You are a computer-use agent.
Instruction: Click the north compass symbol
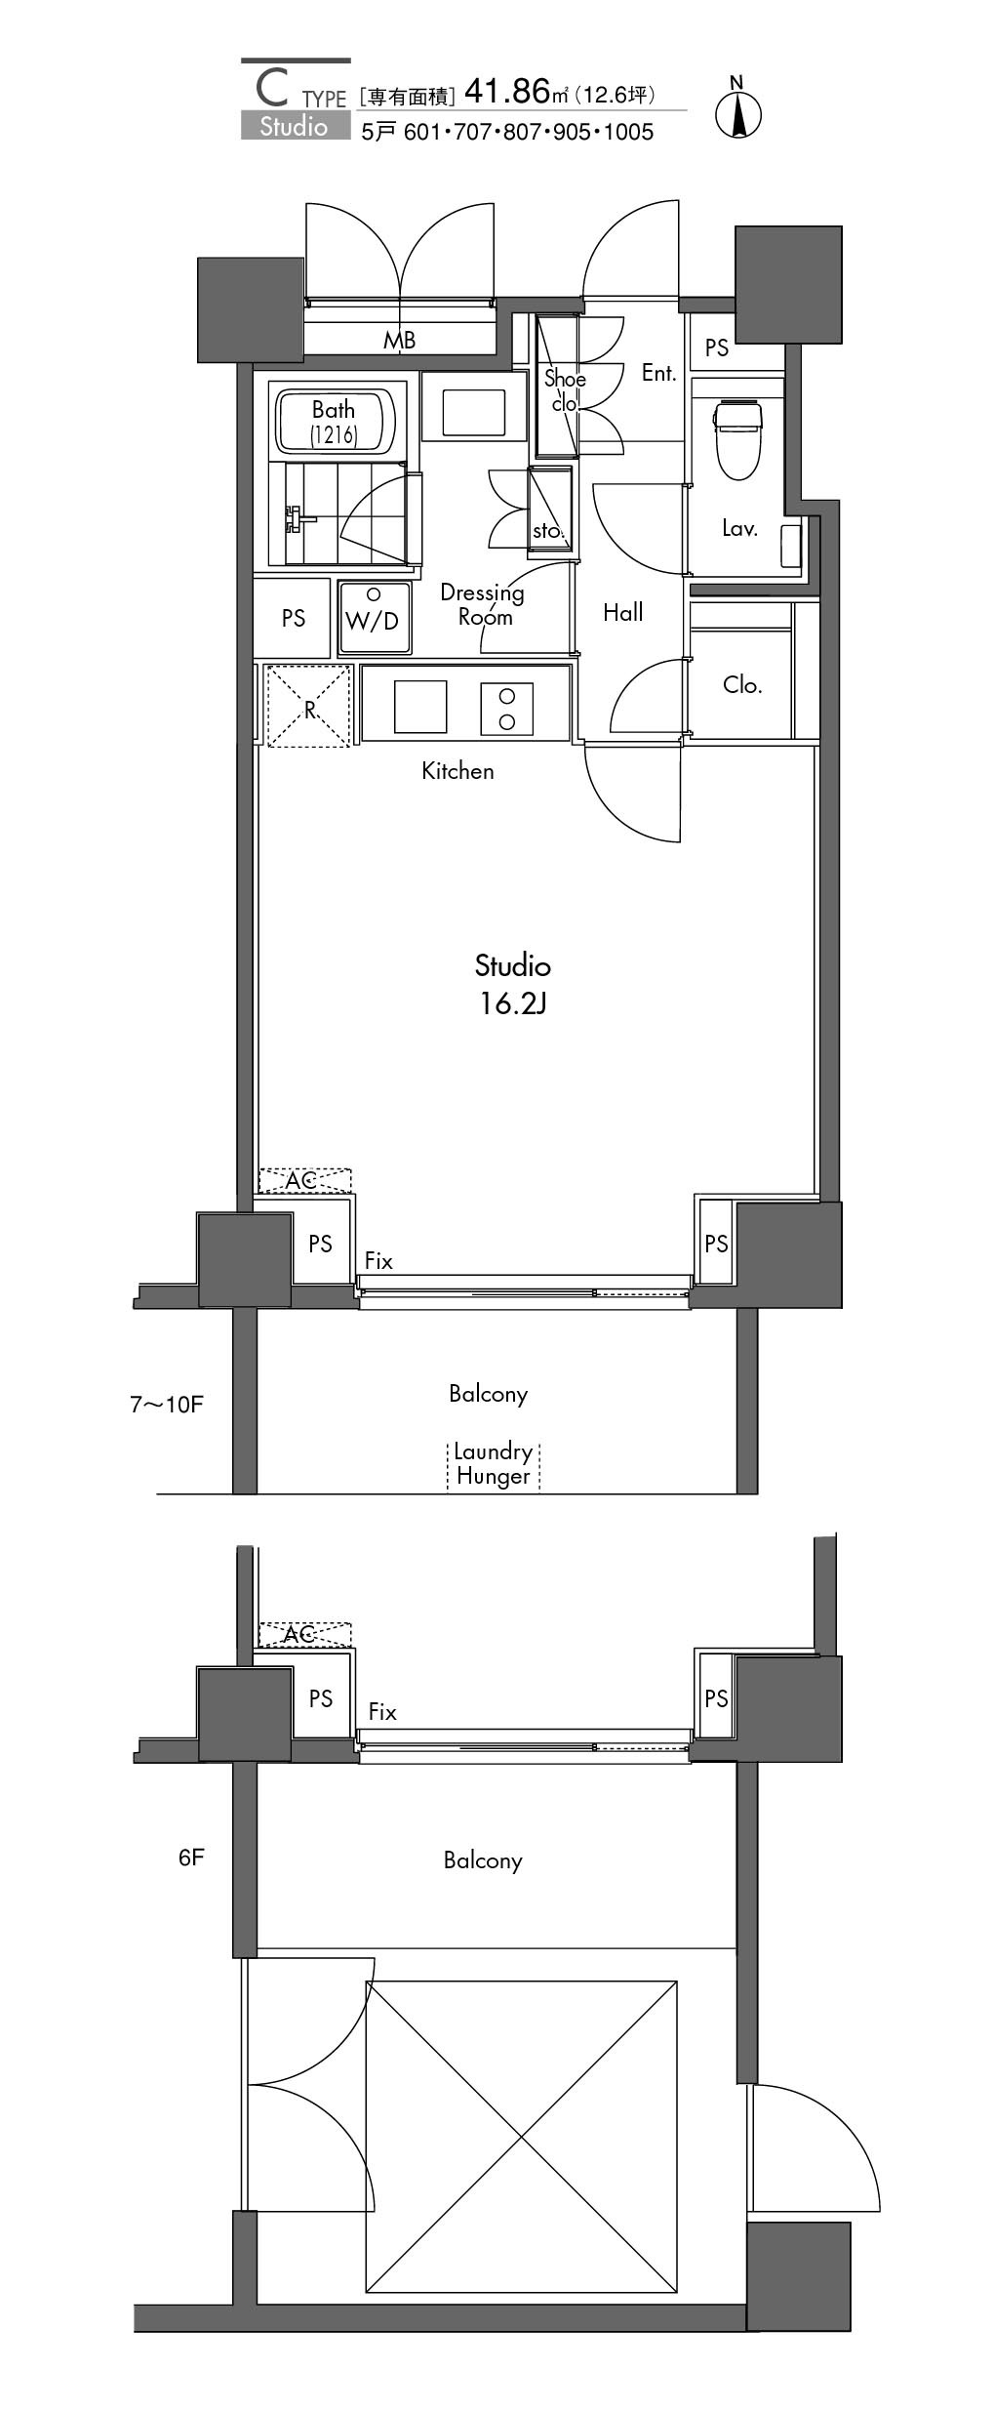pos(738,109)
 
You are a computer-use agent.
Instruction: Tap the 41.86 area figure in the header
pos(508,92)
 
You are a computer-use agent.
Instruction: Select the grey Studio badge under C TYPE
pos(296,126)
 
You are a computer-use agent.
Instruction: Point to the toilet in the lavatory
pos(737,440)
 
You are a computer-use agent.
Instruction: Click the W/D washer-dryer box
pos(374,617)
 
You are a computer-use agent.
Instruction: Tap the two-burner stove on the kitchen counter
pos(506,709)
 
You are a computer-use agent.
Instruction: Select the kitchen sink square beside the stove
pos(420,707)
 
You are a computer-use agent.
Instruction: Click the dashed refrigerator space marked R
pos(309,707)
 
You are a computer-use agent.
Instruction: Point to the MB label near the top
pos(399,341)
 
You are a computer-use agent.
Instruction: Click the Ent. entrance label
pos(659,373)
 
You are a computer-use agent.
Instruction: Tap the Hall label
pos(623,612)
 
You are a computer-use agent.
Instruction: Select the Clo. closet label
pos(742,685)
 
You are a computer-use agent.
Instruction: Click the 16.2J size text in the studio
pos(512,1003)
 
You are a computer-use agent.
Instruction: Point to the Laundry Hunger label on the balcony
pos(494,1464)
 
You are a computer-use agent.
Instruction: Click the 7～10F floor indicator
pos(167,1405)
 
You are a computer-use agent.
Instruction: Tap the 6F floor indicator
pos(191,1857)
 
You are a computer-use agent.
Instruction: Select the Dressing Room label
pos(482,604)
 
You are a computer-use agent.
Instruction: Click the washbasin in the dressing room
pos(474,412)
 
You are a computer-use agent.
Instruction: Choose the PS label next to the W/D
pos(294,618)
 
